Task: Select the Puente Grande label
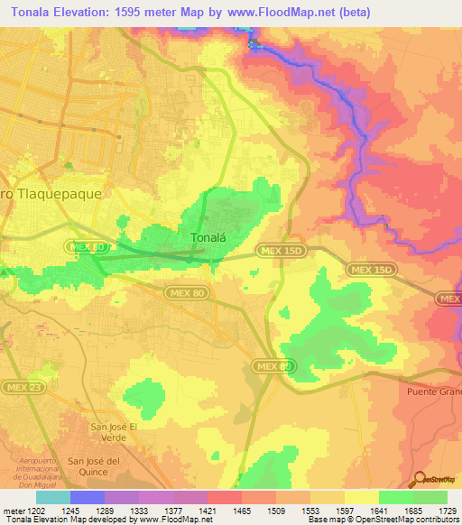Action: [434, 391]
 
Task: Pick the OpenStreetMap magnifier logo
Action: [420, 480]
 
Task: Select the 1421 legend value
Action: [207, 510]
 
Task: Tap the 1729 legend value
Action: [447, 510]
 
